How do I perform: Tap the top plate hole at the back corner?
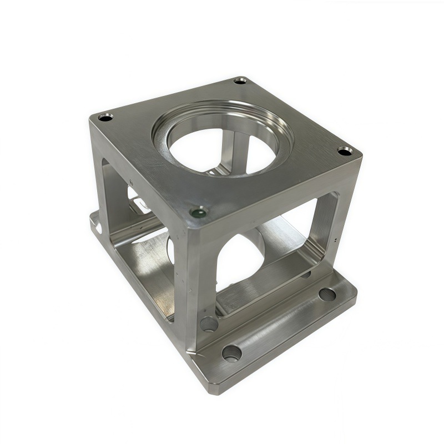(240, 80)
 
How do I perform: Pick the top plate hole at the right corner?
(345, 150)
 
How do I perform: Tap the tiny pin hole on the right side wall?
(337, 240)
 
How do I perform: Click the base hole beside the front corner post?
(209, 324)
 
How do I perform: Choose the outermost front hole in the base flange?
(231, 352)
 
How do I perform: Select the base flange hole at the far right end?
(327, 294)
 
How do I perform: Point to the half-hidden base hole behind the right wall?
(305, 274)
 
